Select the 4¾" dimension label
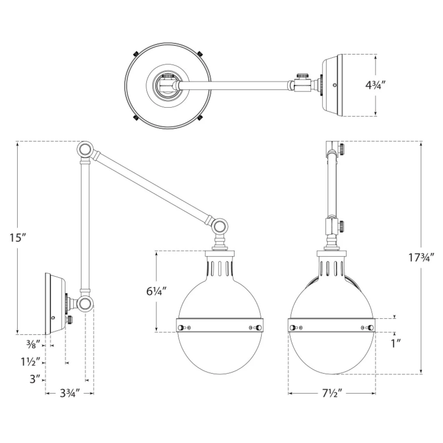pos(375,85)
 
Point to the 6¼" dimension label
pos(156,292)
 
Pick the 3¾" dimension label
pos(70,394)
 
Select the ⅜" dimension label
pos(34,345)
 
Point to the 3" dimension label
pos(35,380)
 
